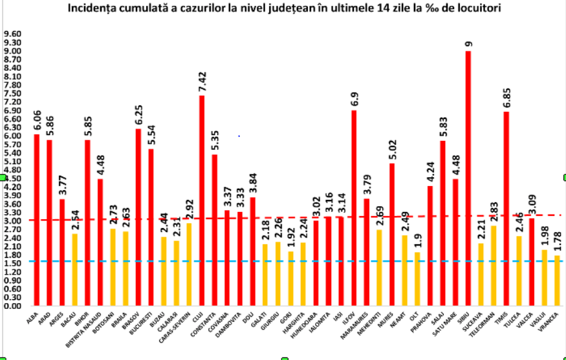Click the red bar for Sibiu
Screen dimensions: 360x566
click(468, 178)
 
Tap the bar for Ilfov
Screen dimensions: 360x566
click(354, 207)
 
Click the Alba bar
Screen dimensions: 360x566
click(37, 220)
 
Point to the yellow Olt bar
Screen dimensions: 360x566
click(417, 279)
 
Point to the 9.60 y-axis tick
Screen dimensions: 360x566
click(13, 34)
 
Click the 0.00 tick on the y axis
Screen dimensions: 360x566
click(13, 306)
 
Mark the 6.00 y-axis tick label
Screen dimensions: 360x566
click(13, 136)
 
